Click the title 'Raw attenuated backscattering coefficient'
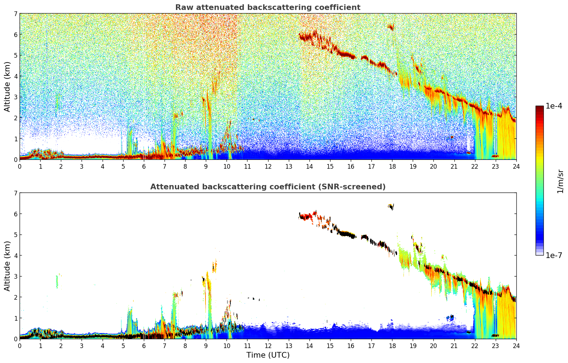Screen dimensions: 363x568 [267, 7]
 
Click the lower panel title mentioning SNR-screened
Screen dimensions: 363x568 [267, 187]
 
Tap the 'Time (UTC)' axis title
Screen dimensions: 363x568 [268, 355]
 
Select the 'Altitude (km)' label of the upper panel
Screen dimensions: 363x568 [7, 86]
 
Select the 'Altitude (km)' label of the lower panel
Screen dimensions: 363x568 [7, 266]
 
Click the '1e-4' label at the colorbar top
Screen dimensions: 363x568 [554, 106]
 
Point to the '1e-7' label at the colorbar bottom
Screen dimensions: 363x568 [554, 255]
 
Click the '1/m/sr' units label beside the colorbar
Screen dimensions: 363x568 [560, 181]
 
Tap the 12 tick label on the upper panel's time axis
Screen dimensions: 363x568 [268, 166]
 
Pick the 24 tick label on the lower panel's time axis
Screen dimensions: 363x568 [516, 346]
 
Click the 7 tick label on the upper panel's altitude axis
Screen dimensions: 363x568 [16, 14]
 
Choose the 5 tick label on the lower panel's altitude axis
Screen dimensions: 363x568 [16, 235]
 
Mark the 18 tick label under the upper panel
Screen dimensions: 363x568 [392, 166]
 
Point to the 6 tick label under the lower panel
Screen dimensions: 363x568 [144, 346]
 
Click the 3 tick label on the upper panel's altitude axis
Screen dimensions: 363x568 [16, 97]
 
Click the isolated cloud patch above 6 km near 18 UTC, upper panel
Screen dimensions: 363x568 [391, 27]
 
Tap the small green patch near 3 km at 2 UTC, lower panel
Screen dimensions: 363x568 [57, 282]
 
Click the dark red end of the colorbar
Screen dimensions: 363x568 [539, 107]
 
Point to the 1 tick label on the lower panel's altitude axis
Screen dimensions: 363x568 [16, 318]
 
